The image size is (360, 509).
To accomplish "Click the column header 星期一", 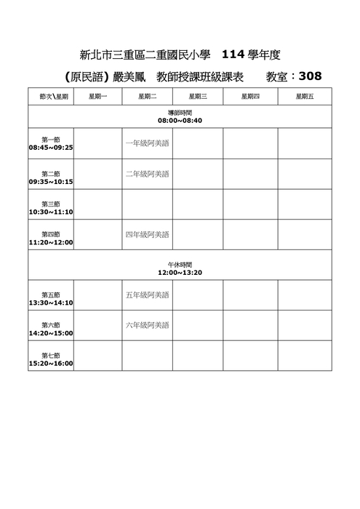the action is (97, 96).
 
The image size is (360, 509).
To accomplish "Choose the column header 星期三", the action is (198, 96).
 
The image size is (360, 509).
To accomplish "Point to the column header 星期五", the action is (305, 96).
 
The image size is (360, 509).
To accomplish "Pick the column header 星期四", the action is (250, 96).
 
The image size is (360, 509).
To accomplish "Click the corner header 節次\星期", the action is (51, 96).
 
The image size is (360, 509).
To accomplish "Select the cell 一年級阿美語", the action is (147, 143).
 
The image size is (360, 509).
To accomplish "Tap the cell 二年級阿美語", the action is (147, 174).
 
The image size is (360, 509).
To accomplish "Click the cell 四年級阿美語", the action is (147, 235).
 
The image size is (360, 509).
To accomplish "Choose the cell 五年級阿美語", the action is (147, 295).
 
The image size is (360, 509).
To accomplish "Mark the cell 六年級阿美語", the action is (147, 325).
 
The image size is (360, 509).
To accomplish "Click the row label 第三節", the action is (51, 204).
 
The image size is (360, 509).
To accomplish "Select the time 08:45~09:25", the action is (51, 148).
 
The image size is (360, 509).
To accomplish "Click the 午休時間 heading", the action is (180, 265).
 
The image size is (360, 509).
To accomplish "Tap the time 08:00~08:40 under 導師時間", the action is (180, 121).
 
